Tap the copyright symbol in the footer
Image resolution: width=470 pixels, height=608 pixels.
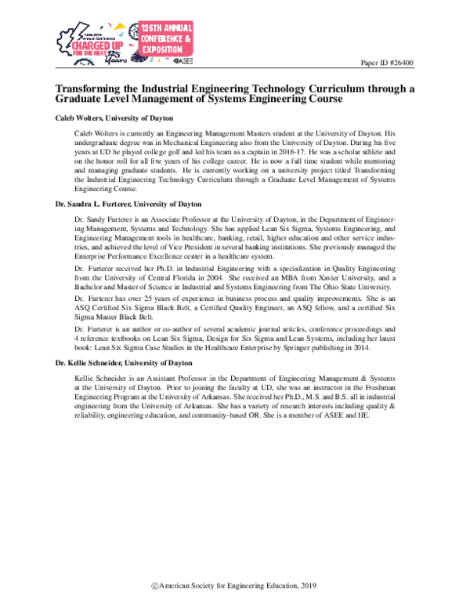click(x=156, y=586)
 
